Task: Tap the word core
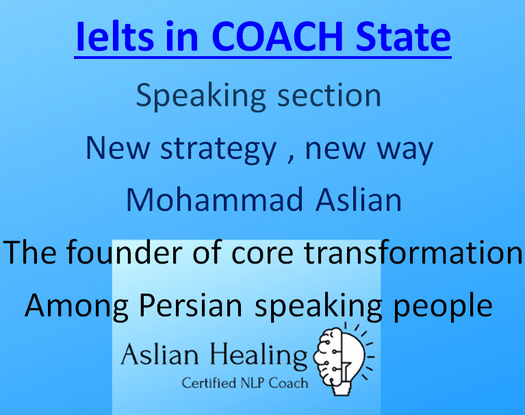click(261, 253)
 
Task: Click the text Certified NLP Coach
click(244, 383)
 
